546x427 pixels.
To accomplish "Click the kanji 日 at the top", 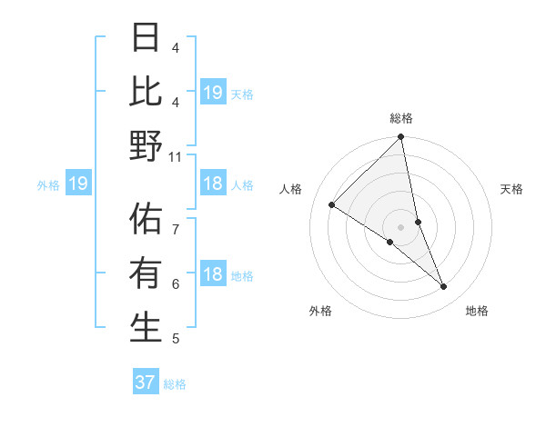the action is click(x=146, y=38).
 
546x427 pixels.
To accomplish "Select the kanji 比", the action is click(x=146, y=93).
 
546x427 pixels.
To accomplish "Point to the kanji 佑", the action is click(x=146, y=220).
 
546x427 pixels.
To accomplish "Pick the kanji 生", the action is click(x=146, y=328).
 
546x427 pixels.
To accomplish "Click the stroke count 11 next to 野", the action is click(x=176, y=156).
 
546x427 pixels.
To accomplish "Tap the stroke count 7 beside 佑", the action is click(x=176, y=230).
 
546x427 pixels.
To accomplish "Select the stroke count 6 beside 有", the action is click(x=176, y=284).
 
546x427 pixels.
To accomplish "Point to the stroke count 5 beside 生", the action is click(x=176, y=339).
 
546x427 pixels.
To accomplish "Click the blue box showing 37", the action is click(x=146, y=382).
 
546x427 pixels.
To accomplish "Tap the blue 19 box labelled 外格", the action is click(x=78, y=184).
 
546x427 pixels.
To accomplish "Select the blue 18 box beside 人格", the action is click(x=212, y=184).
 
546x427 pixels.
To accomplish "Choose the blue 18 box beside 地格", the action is click(x=212, y=274).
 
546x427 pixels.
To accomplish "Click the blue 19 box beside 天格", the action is click(x=212, y=92).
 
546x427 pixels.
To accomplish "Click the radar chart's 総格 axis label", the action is click(x=401, y=118).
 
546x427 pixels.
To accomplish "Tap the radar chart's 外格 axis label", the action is click(x=320, y=311).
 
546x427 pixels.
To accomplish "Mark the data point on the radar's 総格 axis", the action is click(x=401, y=138).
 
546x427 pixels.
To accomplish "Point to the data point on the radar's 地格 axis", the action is click(x=444, y=286).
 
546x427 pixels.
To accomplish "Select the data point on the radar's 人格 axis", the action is click(x=331, y=204).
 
